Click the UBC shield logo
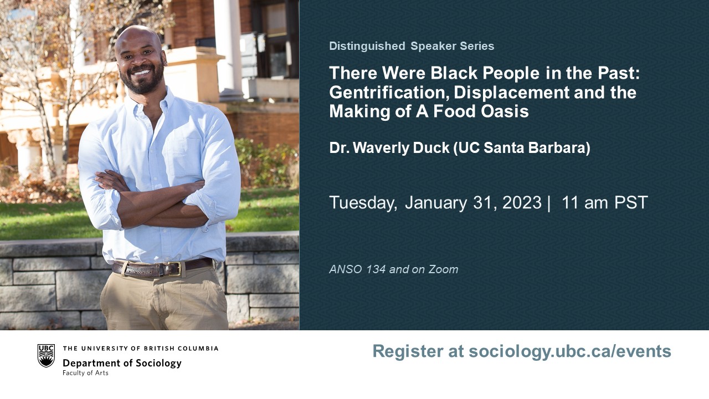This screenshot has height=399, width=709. tap(46, 356)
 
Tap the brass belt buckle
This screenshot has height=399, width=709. tap(174, 269)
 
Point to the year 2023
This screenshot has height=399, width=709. tap(522, 202)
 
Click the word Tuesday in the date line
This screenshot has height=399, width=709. tap(363, 203)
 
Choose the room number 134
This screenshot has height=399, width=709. tap(376, 269)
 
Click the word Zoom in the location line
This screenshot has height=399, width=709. tap(443, 269)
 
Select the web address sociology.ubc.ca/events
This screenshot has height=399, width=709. tap(570, 351)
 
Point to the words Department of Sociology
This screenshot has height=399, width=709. tap(122, 363)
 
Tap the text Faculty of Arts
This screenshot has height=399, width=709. tap(85, 373)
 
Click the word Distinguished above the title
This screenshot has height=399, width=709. tap(367, 46)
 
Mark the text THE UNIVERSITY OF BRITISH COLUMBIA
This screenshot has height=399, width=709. tap(141, 349)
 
